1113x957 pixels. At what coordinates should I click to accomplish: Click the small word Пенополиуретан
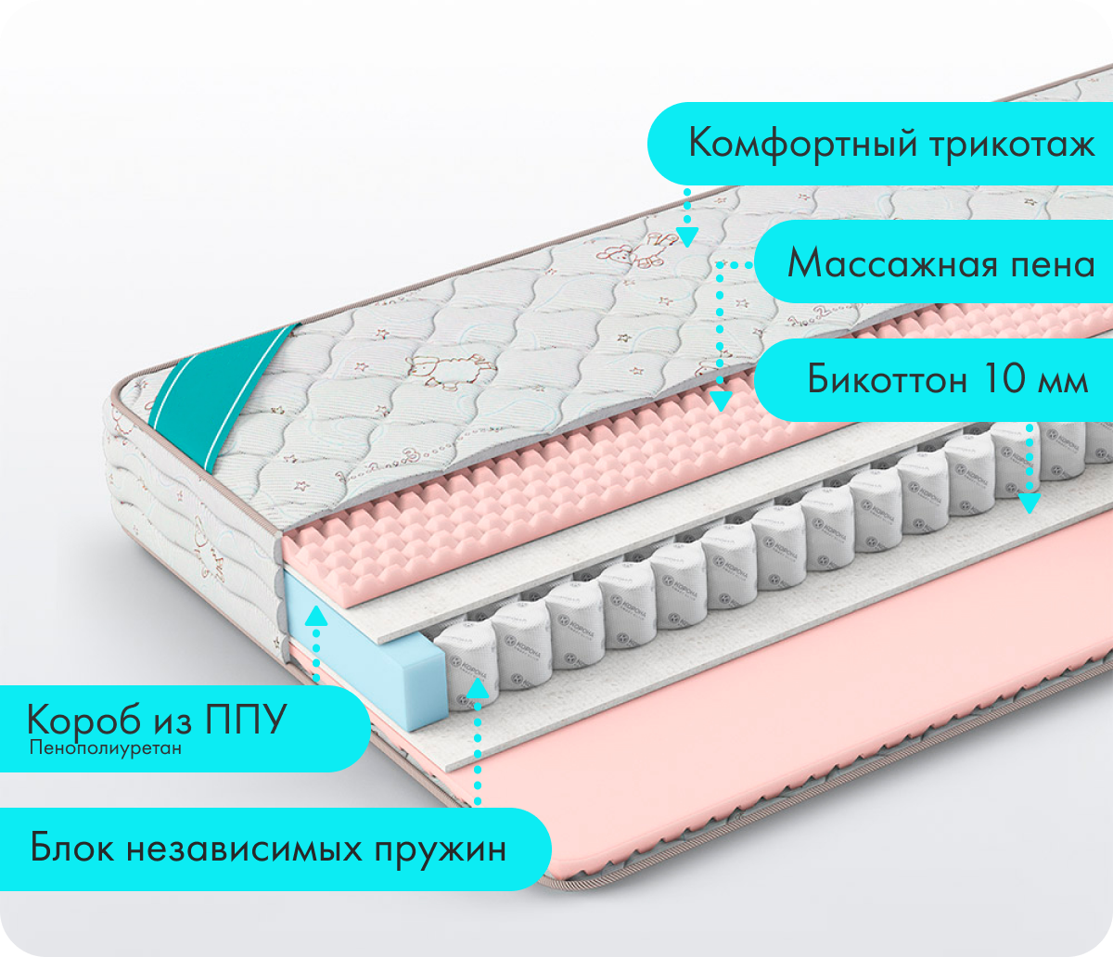(104, 747)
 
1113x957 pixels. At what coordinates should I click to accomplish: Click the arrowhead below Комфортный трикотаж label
(687, 236)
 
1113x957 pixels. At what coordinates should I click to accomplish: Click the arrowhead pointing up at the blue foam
(316, 614)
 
